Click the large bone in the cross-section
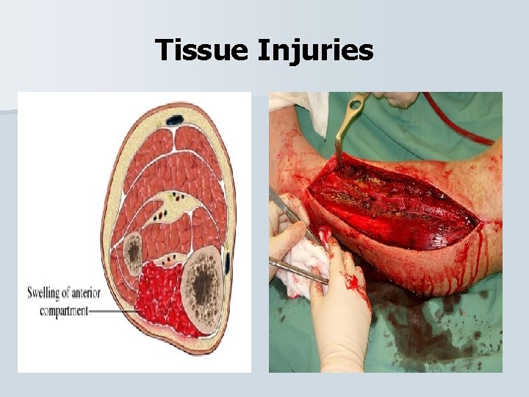199,279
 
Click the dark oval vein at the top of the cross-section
175,120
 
